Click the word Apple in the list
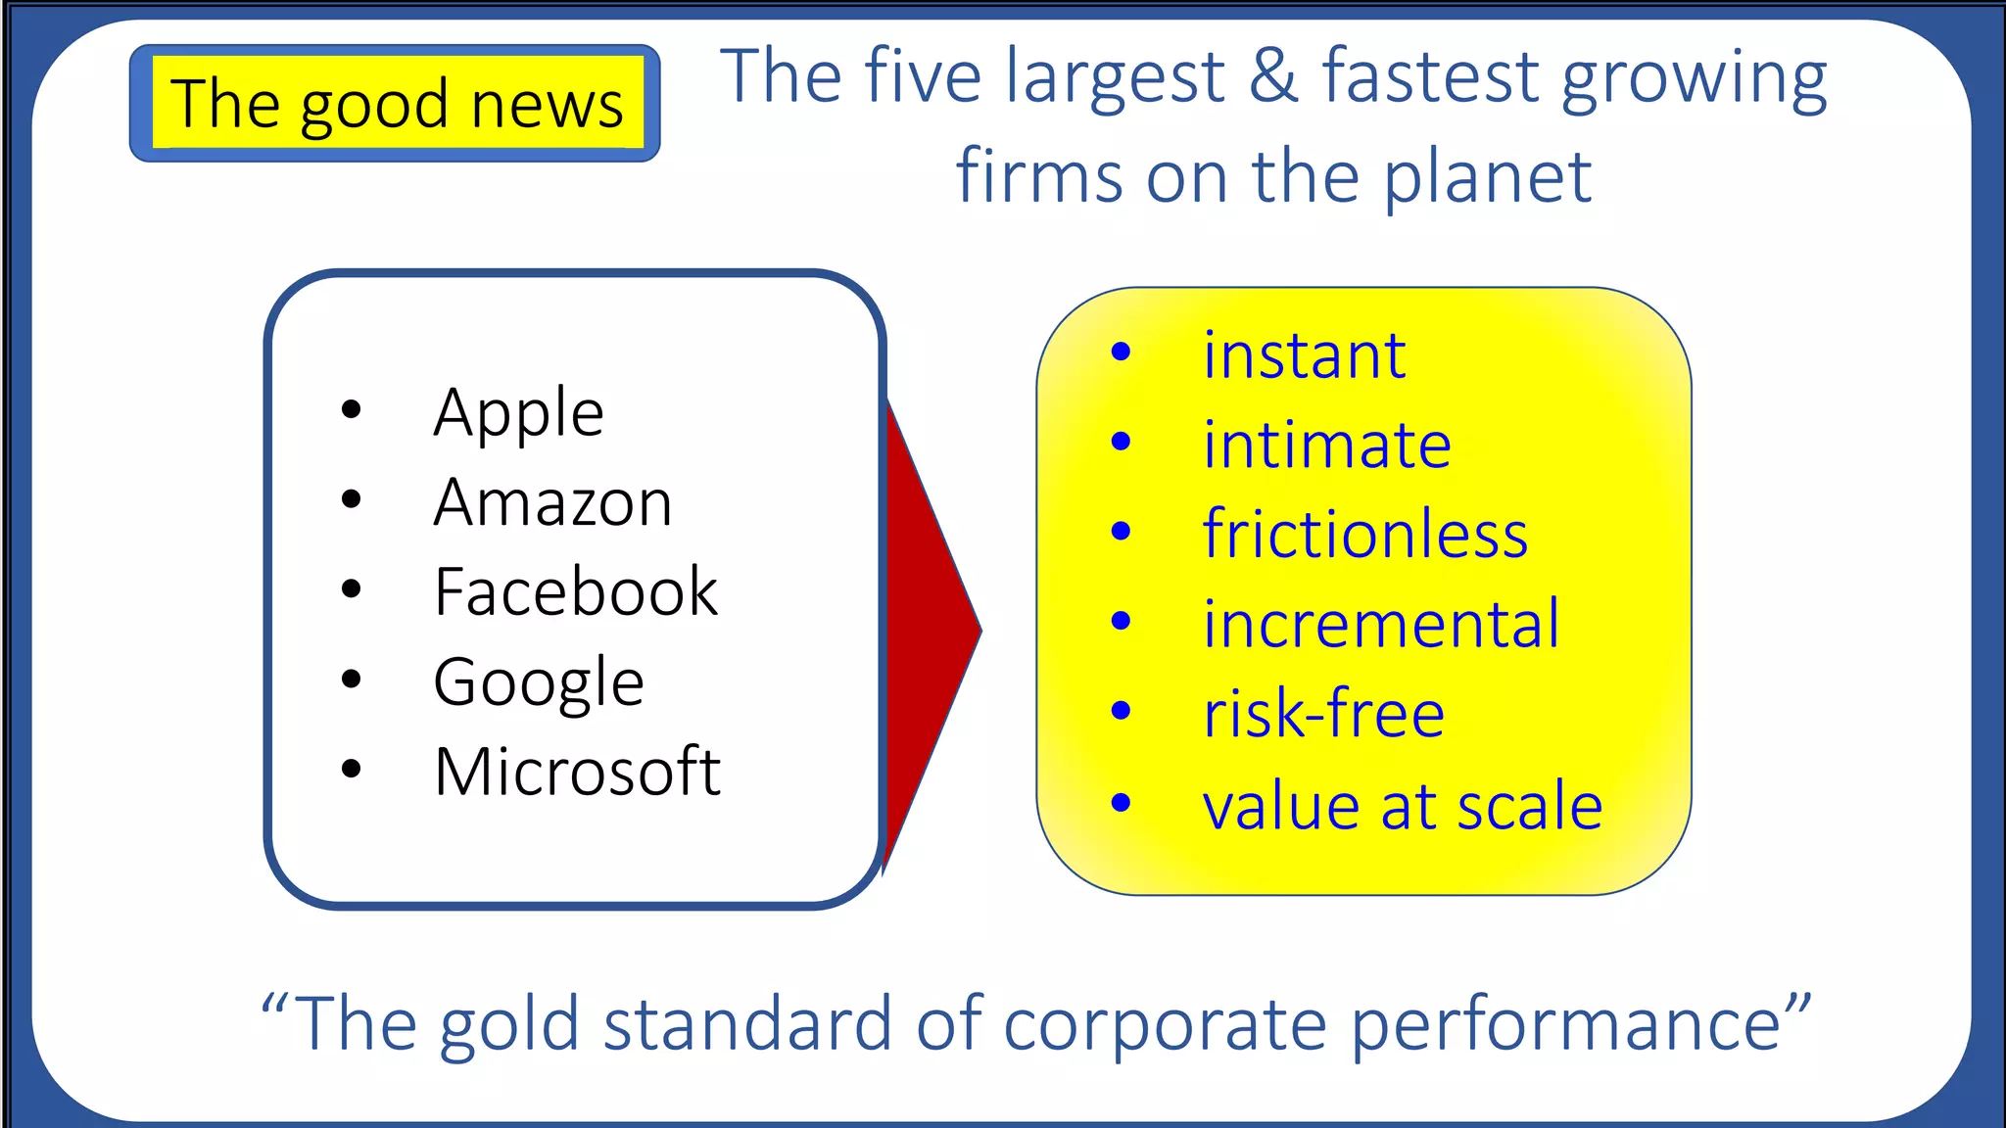click(x=518, y=413)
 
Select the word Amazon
click(x=552, y=502)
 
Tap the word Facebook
click(x=576, y=591)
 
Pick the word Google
click(x=539, y=682)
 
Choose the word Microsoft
click(x=577, y=772)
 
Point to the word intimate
click(x=1326, y=445)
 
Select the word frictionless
click(x=1364, y=535)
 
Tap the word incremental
click(x=1380, y=624)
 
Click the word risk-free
click(x=1323, y=714)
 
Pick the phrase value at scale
click(x=1402, y=806)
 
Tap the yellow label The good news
click(x=396, y=103)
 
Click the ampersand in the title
click(x=1272, y=76)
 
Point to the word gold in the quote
click(x=509, y=1024)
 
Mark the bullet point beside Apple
click(x=351, y=409)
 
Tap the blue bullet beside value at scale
click(x=1122, y=803)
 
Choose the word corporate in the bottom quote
click(x=1165, y=1024)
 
